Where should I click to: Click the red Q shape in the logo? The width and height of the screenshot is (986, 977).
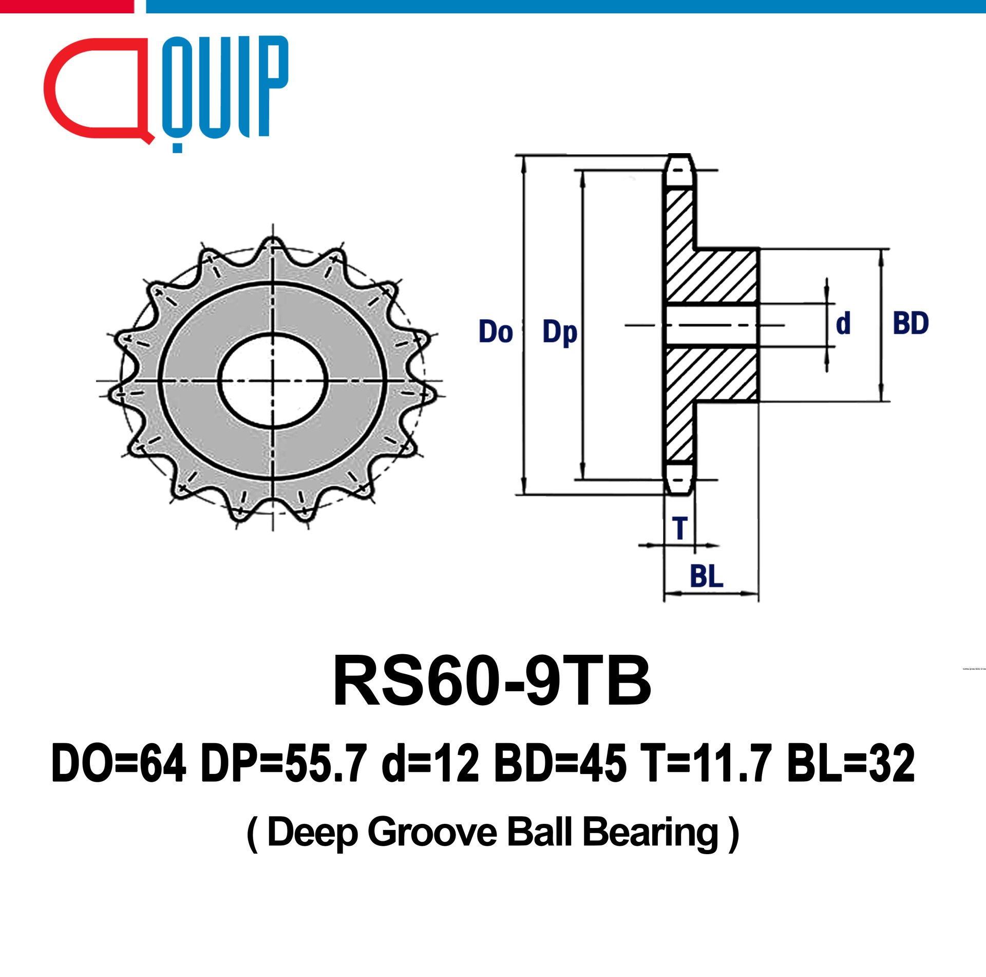(x=98, y=90)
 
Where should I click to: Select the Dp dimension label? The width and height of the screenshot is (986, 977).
(x=560, y=333)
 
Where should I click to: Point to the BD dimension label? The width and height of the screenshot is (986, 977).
(x=911, y=323)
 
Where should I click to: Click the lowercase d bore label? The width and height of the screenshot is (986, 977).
(x=843, y=323)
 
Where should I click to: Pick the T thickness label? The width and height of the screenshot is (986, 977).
(x=680, y=528)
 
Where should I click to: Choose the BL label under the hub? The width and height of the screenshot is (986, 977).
(x=706, y=576)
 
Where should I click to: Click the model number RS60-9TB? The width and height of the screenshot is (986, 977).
(x=492, y=682)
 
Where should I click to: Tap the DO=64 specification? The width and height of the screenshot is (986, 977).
(x=119, y=764)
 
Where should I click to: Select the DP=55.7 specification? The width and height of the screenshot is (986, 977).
(x=284, y=764)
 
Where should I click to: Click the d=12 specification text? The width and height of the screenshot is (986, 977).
(x=430, y=764)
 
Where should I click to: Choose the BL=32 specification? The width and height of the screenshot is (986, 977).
(x=850, y=764)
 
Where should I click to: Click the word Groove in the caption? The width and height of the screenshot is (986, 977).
(x=432, y=832)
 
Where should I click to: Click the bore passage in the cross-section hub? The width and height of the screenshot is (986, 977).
(x=711, y=325)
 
